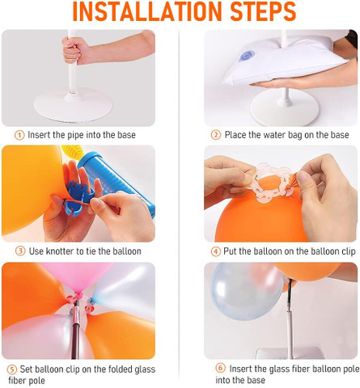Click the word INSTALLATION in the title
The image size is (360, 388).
click(x=147, y=11)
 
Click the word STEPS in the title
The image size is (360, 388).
click(x=264, y=11)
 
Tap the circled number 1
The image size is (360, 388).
click(x=19, y=135)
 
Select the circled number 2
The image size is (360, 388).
click(x=216, y=135)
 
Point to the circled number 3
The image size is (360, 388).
click(x=20, y=251)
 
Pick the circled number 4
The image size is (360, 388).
click(x=216, y=251)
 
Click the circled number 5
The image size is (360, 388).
click(x=11, y=369)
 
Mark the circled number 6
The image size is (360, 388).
click(x=220, y=368)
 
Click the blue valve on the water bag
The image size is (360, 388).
click(x=247, y=56)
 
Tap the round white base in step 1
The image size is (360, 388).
click(x=73, y=104)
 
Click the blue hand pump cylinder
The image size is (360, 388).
click(x=116, y=180)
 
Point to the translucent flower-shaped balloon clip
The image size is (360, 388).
click(x=273, y=183)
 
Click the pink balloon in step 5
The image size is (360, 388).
click(x=77, y=277)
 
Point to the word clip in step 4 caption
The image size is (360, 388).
click(x=349, y=251)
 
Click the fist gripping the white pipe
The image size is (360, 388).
click(x=72, y=51)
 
